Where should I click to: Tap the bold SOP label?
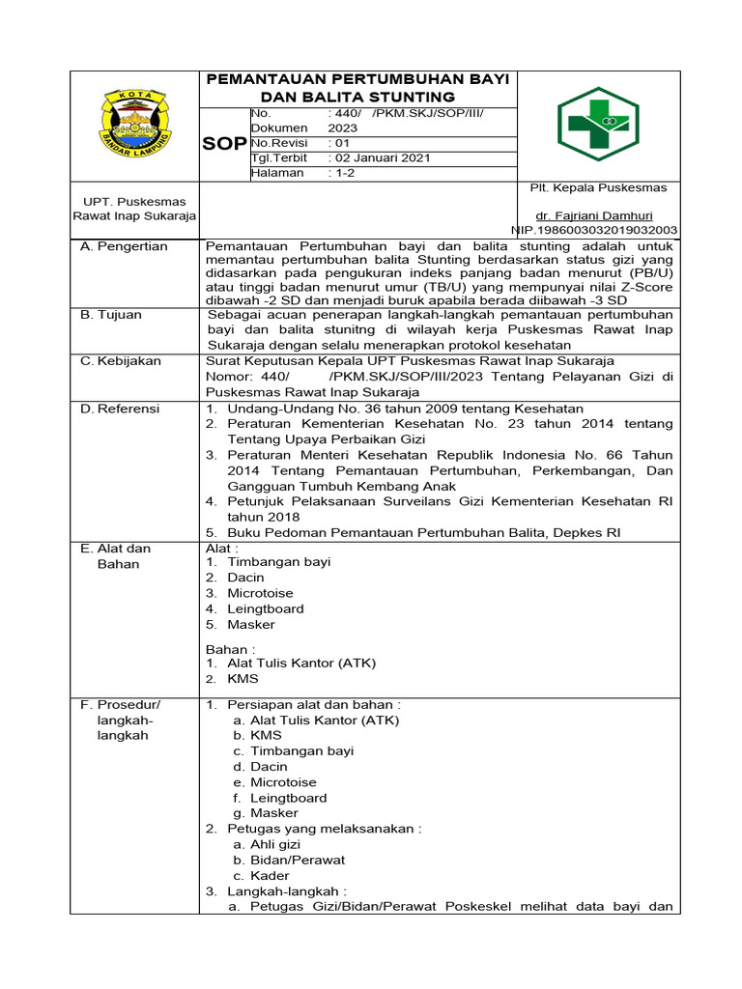click(223, 143)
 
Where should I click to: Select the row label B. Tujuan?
click(113, 314)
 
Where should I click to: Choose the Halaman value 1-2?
click(343, 173)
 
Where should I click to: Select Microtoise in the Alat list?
click(260, 593)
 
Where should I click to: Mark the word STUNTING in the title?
click(407, 98)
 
